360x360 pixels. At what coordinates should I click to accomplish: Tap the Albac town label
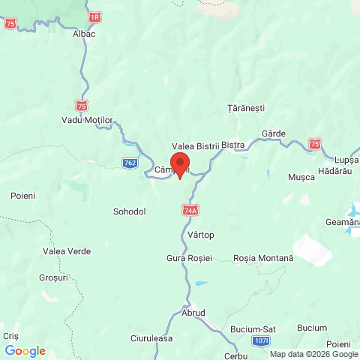[84, 34]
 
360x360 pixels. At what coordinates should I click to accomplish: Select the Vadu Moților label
[87, 121]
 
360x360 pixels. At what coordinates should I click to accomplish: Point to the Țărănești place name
[246, 108]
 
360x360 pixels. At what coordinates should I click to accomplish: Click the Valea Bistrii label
[194, 145]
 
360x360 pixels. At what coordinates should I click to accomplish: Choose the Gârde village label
[274, 133]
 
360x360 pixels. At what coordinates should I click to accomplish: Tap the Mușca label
[301, 177]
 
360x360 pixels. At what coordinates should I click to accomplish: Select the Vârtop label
[201, 235]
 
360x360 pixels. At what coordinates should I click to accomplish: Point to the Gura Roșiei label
[190, 258]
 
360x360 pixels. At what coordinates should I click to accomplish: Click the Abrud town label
[193, 313]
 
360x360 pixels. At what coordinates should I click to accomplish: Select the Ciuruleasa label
[151, 338]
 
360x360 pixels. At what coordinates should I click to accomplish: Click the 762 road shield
[130, 162]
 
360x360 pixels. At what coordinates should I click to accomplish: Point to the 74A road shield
[190, 211]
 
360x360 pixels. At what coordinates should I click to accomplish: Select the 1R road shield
[94, 16]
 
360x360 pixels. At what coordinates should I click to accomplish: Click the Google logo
[25, 350]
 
